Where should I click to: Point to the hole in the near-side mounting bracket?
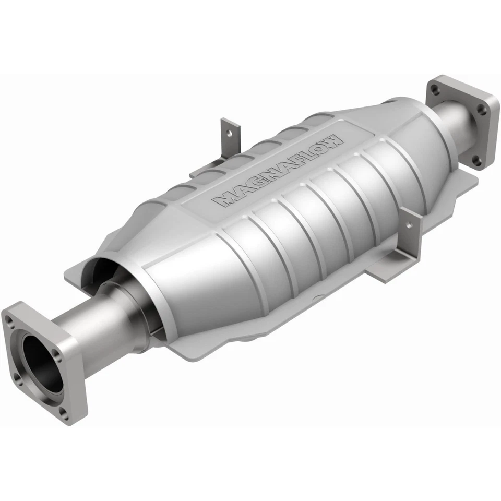tap(409, 226)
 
